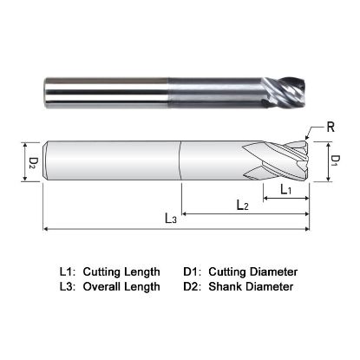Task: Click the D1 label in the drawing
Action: tap(334, 160)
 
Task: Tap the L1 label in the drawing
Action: tap(285, 188)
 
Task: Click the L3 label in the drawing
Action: tap(171, 219)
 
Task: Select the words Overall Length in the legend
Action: tap(121, 286)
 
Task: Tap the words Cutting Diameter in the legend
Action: tap(255, 272)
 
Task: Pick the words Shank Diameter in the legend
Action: tap(252, 286)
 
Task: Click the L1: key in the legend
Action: tap(66, 272)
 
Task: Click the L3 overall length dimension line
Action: tap(104, 229)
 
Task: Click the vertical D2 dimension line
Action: tap(21, 161)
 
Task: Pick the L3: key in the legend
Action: tap(66, 286)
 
